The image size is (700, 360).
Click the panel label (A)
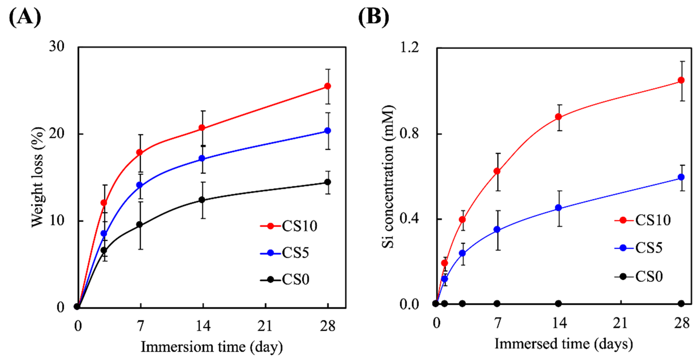click(x=25, y=17)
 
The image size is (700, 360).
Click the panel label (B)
click(x=374, y=17)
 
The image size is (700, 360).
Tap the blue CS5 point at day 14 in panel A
click(x=202, y=158)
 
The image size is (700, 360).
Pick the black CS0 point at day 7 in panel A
click(x=139, y=225)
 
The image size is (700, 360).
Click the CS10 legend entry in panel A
click(x=289, y=226)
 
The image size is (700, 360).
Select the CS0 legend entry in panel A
click(x=285, y=279)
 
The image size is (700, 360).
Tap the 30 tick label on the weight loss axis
click(x=57, y=46)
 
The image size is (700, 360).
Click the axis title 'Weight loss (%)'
click(x=37, y=177)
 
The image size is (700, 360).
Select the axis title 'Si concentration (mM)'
click(x=388, y=177)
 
